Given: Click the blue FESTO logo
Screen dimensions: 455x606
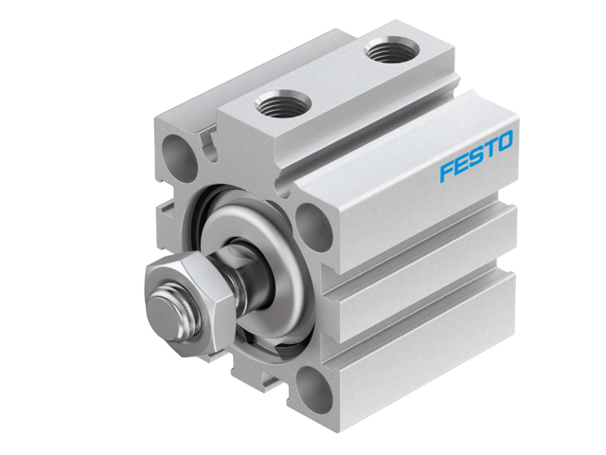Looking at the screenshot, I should (476, 157).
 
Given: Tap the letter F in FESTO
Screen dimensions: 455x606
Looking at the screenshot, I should (447, 172).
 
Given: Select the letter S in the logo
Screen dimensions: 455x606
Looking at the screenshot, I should (475, 158).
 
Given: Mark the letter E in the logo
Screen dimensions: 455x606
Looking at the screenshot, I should (461, 165).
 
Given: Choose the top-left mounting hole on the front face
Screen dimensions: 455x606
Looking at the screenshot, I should (177, 150).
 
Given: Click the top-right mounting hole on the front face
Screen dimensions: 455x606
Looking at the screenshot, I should (313, 225).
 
